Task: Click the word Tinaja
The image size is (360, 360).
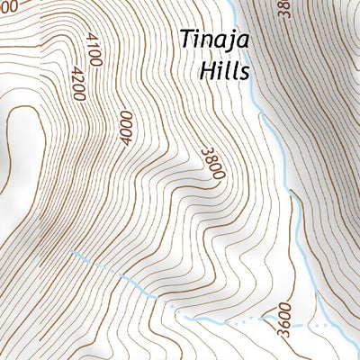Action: click(214, 41)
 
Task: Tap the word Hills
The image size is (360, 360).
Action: click(223, 70)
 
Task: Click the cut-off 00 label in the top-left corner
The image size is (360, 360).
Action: click(8, 5)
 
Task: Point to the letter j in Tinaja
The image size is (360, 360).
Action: click(231, 43)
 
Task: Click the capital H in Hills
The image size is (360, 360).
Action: click(206, 70)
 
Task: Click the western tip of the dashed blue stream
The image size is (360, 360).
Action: click(70, 253)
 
